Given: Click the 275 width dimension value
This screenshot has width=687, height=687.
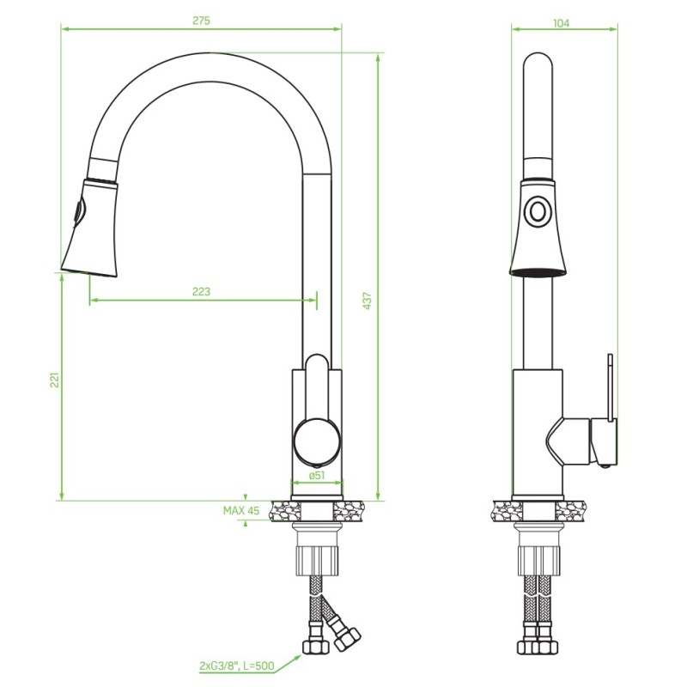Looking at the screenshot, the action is [x=201, y=20].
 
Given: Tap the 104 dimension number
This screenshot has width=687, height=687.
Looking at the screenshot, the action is [x=562, y=23].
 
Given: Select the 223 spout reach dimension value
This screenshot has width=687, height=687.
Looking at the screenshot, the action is [x=201, y=291].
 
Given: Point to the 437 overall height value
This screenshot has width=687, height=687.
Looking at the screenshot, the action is [x=368, y=301].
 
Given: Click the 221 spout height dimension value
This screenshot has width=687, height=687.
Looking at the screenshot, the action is [x=55, y=380].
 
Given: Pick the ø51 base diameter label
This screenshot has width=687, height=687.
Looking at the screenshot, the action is [x=317, y=476].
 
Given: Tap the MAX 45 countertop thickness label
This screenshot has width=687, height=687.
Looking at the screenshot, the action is [x=241, y=510].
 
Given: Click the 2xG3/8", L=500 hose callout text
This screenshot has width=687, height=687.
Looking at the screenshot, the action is [x=237, y=666].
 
